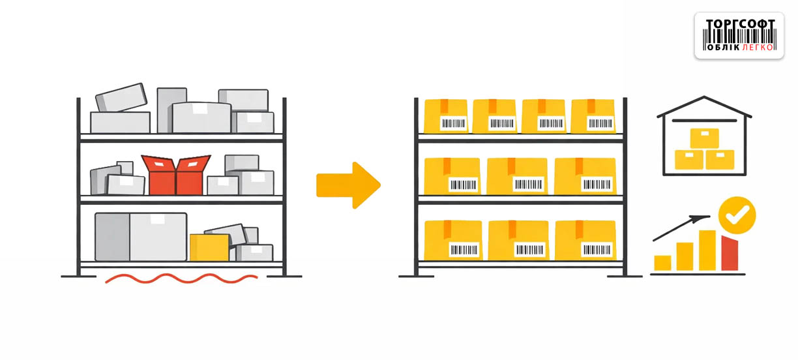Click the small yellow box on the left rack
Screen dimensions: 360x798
pos(209,247)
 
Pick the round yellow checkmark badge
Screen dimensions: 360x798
pos(737,215)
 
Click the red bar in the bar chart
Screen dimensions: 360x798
pos(730,254)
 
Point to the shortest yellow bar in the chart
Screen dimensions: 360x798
pos(662,263)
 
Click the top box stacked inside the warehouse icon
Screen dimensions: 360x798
pos(704,138)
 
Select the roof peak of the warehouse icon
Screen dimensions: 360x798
pos(704,98)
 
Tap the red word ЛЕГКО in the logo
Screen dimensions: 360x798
pos(758,47)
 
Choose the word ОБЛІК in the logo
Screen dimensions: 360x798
pos(722,47)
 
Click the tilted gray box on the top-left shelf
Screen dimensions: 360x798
pos(121,97)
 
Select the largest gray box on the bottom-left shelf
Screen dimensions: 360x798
pos(141,237)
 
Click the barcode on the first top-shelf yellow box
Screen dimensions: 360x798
pos(453,123)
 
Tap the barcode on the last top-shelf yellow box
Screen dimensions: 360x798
pos(599,123)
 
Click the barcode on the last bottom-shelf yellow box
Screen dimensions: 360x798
pos(597,249)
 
